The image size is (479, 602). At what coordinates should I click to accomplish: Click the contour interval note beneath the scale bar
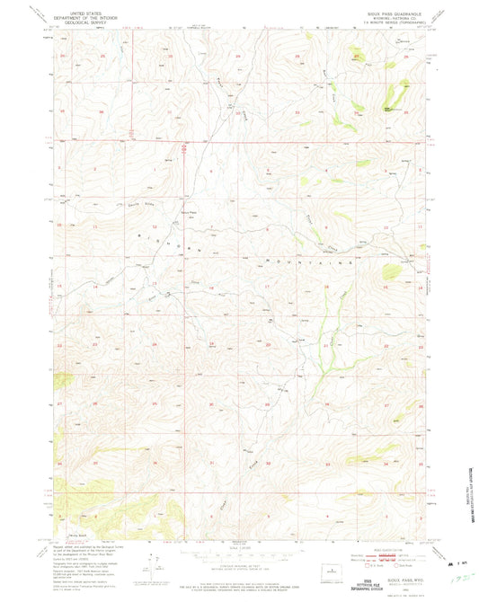click(237, 568)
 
